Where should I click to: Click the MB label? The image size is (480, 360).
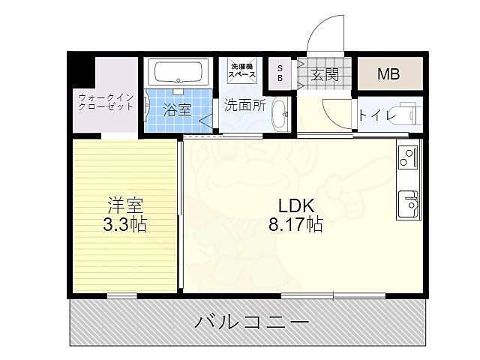[388, 74]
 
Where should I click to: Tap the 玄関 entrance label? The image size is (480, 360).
[325, 74]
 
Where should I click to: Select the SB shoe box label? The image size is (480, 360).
[281, 73]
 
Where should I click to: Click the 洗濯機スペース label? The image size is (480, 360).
[241, 72]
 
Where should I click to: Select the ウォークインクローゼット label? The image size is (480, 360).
[106, 101]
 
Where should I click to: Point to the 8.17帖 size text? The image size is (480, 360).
[295, 224]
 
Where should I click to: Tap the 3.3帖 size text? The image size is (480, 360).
[124, 224]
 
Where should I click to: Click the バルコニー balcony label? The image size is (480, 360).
[252, 324]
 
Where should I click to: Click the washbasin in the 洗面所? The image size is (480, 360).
[280, 115]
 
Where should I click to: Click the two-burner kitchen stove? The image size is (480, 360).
[407, 157]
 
